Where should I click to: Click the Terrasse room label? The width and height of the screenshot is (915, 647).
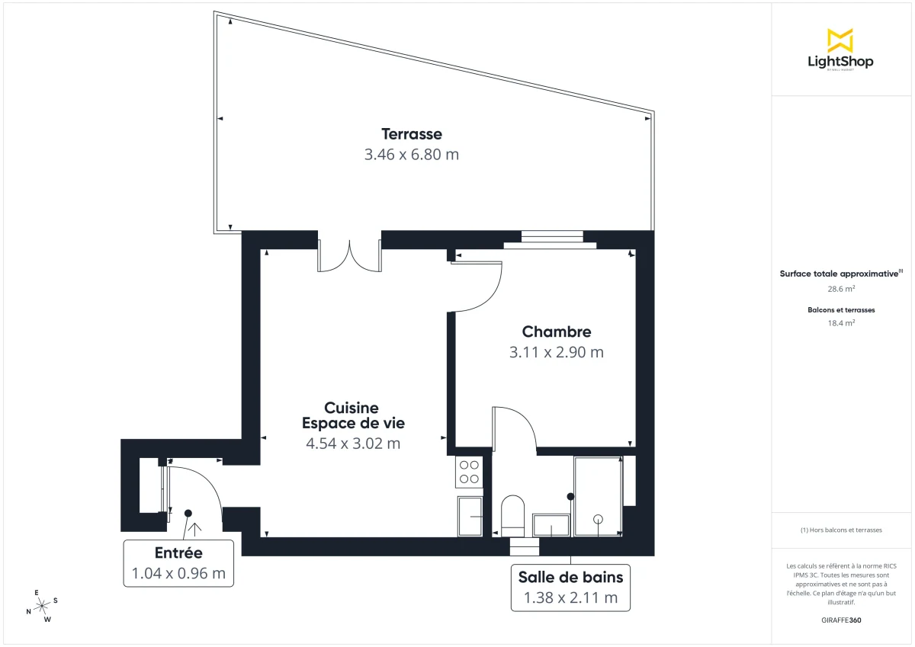pyautogui.click(x=413, y=134)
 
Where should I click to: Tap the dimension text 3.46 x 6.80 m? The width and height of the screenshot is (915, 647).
pyautogui.click(x=412, y=155)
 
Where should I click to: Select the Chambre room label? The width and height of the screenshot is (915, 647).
pyautogui.click(x=557, y=332)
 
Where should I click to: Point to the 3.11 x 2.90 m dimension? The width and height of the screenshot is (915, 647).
pyautogui.click(x=557, y=352)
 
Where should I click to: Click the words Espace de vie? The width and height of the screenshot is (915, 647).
pyautogui.click(x=353, y=424)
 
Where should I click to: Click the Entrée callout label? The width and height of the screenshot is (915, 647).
pyautogui.click(x=178, y=553)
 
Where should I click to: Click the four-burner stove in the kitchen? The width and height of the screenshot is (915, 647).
pyautogui.click(x=469, y=472)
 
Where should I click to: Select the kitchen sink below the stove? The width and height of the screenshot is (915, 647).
pyautogui.click(x=470, y=517)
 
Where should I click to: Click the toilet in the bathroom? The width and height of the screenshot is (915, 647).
pyautogui.click(x=513, y=516)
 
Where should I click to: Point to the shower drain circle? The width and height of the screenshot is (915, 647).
pyautogui.click(x=599, y=519)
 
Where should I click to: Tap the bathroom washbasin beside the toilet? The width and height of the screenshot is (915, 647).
pyautogui.click(x=551, y=524)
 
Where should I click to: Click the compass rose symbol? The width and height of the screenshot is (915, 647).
pyautogui.click(x=43, y=605)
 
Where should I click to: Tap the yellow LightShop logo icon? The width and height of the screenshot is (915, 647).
pyautogui.click(x=840, y=40)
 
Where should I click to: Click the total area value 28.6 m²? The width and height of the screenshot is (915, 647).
pyautogui.click(x=840, y=290)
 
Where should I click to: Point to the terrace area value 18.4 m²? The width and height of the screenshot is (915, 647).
pyautogui.click(x=841, y=323)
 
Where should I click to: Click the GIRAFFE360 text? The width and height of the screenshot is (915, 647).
pyautogui.click(x=841, y=620)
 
